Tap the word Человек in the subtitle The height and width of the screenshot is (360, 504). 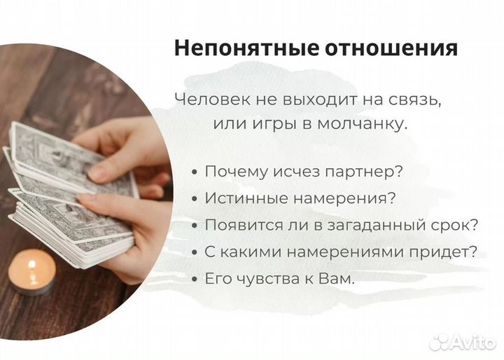tap(204, 99)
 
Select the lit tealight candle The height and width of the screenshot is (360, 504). tap(31, 273)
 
